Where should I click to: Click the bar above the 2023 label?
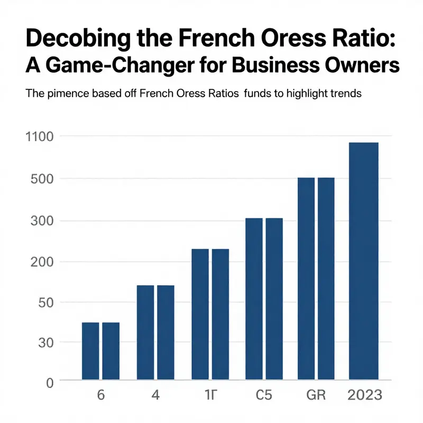pyautogui.click(x=364, y=261)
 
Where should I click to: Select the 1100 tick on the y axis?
pyautogui.click(x=40, y=136)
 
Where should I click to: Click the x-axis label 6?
pyautogui.click(x=101, y=396)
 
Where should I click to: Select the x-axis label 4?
pyautogui.click(x=155, y=396)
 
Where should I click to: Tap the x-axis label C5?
pyautogui.click(x=263, y=396)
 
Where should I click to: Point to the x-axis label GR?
pyautogui.click(x=316, y=396)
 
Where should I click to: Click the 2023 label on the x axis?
pyautogui.click(x=364, y=396)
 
